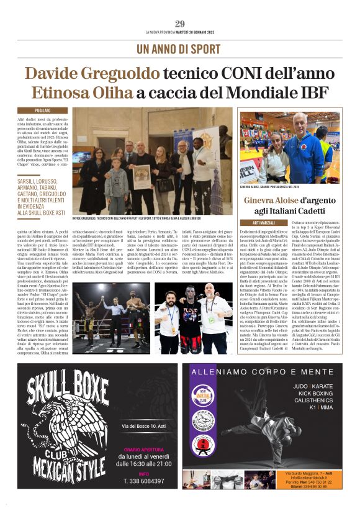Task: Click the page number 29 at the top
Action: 180,24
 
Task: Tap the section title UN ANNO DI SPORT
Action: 180,48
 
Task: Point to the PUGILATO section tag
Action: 51,111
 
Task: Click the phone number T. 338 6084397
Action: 143,480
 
